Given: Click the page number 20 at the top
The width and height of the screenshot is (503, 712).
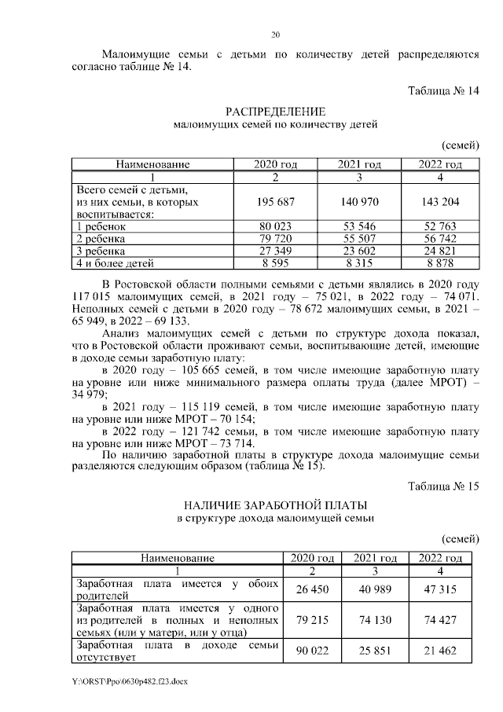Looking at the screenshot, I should click(x=275, y=35).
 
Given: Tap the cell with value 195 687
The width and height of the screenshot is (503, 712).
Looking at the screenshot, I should click(x=275, y=201).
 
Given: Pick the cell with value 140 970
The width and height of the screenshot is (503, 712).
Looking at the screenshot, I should click(x=359, y=201).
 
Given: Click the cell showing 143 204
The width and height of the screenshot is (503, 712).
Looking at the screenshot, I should click(x=440, y=201).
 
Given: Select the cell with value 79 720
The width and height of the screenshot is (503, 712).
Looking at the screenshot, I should click(x=275, y=238).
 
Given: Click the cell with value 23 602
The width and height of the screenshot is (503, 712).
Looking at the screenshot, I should click(x=359, y=251).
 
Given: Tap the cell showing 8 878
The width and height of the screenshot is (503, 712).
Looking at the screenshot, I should click(x=440, y=263).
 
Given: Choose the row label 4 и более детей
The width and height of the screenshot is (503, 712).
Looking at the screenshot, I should click(x=114, y=263).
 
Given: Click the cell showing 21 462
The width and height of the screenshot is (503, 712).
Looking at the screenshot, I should click(x=440, y=652).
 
